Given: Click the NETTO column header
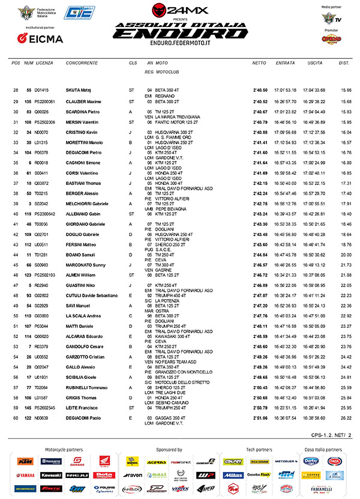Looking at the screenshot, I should (x=259, y=63).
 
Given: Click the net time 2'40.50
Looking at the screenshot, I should (x=260, y=90).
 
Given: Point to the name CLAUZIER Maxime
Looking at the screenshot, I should (x=83, y=101).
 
